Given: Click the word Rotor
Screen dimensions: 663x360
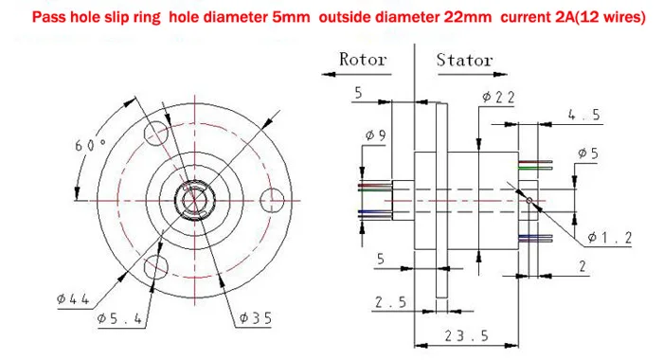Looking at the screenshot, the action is tap(363, 60).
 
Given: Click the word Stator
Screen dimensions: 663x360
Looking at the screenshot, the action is tap(464, 60).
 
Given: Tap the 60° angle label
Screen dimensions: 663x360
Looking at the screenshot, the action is tap(90, 145).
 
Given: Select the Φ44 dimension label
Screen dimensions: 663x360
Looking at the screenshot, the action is tap(73, 299).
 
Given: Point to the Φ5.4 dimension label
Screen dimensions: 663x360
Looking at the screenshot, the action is tap(119, 318).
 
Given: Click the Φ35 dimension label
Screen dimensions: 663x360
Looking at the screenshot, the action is tap(256, 318).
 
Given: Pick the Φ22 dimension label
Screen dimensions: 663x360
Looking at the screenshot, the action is tap(498, 98).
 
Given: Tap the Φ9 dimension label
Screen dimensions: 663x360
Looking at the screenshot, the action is tap(375, 135).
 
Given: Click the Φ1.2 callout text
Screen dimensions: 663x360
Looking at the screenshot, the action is tap(610, 238).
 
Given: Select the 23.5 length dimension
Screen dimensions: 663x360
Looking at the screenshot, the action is tap(466, 336).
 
